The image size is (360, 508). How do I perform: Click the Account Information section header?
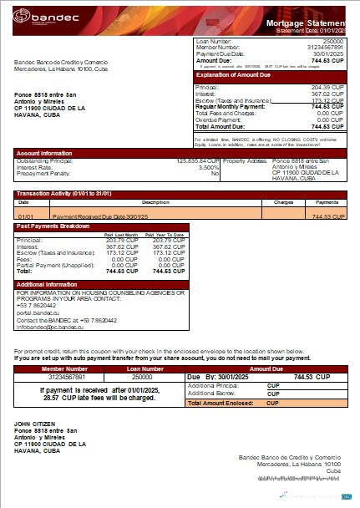coord(44,153)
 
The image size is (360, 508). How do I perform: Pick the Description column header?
coord(155,201)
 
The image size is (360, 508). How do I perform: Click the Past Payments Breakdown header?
coord(53,226)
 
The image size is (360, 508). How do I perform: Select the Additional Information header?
coord(48,285)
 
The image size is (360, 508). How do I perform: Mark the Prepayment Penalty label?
coord(41,173)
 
